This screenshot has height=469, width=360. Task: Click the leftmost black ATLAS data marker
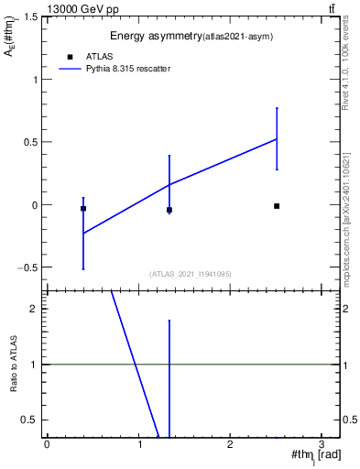click(x=83, y=209)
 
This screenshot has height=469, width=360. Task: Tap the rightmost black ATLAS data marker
click(x=277, y=206)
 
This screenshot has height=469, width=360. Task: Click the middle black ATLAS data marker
click(x=169, y=210)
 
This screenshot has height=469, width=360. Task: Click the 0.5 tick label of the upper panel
click(x=29, y=142)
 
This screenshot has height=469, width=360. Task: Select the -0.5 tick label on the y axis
click(x=27, y=267)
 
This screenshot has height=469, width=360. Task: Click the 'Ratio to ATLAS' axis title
click(x=14, y=364)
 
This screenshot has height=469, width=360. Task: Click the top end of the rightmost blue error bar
click(x=277, y=108)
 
